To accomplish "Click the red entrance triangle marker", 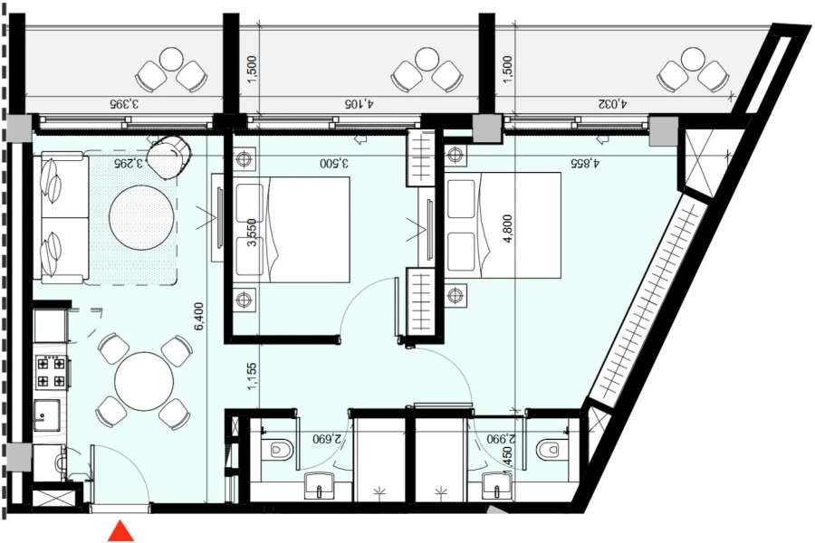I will pyautogui.click(x=120, y=531).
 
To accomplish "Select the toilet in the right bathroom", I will pyautogui.click(x=548, y=449).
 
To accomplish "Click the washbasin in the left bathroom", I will pyautogui.click(x=319, y=486).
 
